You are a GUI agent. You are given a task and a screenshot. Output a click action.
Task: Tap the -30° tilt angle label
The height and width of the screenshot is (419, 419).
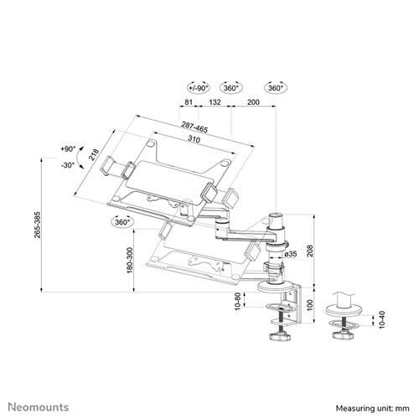click(x=69, y=165)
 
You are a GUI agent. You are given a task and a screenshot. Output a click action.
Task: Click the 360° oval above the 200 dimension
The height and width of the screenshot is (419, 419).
click(x=274, y=88)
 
